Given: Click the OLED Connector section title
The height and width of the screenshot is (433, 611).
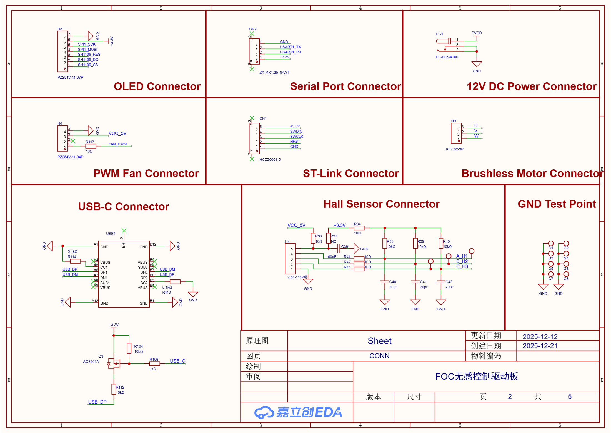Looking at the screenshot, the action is point(157,86).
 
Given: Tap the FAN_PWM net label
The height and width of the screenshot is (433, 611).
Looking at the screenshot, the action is point(117,144).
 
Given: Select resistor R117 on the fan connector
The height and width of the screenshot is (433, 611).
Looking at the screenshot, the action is point(91,146).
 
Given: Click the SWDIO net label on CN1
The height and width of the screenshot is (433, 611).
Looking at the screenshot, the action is point(296,131).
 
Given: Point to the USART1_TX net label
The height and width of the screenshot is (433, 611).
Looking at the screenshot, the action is point(290,47).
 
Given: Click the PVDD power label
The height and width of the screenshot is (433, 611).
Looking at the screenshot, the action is point(477,33).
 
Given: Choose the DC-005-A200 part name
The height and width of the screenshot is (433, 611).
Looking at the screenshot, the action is point(447,57).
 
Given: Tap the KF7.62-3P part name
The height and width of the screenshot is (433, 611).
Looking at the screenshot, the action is point(455,149).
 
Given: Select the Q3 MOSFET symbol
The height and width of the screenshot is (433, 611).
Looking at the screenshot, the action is point(114,363).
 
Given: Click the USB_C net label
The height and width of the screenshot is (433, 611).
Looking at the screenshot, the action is point(177,361).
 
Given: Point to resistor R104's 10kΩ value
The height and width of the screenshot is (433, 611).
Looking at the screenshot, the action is point(139,352).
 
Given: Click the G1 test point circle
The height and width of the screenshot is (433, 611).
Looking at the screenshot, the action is point(551,243).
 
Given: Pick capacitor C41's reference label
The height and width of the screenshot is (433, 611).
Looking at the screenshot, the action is point(423,282).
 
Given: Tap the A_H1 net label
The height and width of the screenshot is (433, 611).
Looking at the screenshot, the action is point(462,256).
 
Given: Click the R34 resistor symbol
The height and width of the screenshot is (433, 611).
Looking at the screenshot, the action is point(359,228).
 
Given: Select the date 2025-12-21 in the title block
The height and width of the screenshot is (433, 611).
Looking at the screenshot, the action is point(540,346).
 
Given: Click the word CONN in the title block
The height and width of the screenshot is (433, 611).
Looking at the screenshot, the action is point(379,356).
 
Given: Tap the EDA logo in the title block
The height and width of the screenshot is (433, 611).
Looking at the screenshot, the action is point(298,412).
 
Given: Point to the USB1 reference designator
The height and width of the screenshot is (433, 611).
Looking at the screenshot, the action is point(111,234).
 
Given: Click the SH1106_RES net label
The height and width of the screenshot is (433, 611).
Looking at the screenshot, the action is point(89,54).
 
